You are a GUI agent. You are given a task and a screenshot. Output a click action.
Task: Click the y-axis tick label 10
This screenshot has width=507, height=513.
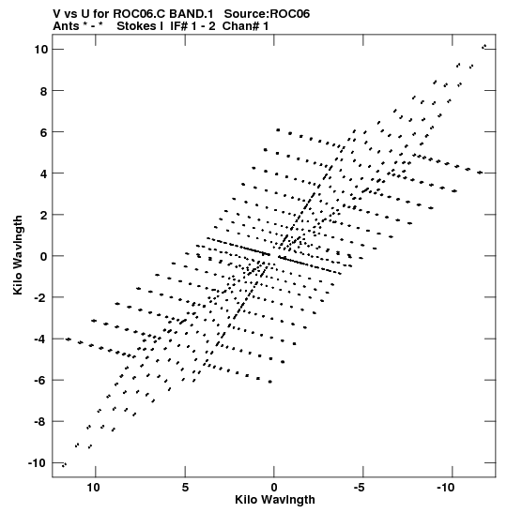41,50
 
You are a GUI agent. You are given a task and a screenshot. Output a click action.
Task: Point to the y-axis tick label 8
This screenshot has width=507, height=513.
44,91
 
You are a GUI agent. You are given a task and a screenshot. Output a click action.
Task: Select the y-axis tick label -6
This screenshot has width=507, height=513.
41,380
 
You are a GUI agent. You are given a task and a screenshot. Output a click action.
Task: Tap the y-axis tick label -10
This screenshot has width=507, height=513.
38,463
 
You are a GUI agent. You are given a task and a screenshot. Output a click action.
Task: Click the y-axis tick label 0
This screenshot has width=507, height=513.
44,256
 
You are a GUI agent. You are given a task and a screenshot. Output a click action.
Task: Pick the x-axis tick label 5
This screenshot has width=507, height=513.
185,488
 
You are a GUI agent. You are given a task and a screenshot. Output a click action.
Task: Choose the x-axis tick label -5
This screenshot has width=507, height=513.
360,488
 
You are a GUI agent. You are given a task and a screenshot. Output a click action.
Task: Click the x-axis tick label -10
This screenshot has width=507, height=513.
446,488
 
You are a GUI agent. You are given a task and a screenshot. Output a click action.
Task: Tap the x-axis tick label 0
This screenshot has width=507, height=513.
274,488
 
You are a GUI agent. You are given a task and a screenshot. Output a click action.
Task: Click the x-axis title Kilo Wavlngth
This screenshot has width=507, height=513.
275,500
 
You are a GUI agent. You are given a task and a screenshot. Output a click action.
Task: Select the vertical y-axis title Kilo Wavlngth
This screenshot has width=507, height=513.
18,255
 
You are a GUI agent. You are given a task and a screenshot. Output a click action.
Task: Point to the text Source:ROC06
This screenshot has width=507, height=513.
267,14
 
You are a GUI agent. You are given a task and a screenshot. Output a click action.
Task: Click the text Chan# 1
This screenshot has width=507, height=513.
246,26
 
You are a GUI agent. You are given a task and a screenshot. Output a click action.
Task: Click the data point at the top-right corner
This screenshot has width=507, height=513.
484,47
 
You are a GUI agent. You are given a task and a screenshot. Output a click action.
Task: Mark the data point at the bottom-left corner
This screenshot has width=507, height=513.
64,464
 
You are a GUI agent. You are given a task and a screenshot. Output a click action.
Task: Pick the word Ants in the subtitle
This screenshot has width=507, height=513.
66,26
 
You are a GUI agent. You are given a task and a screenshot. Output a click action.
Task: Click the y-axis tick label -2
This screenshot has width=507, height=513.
41,297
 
